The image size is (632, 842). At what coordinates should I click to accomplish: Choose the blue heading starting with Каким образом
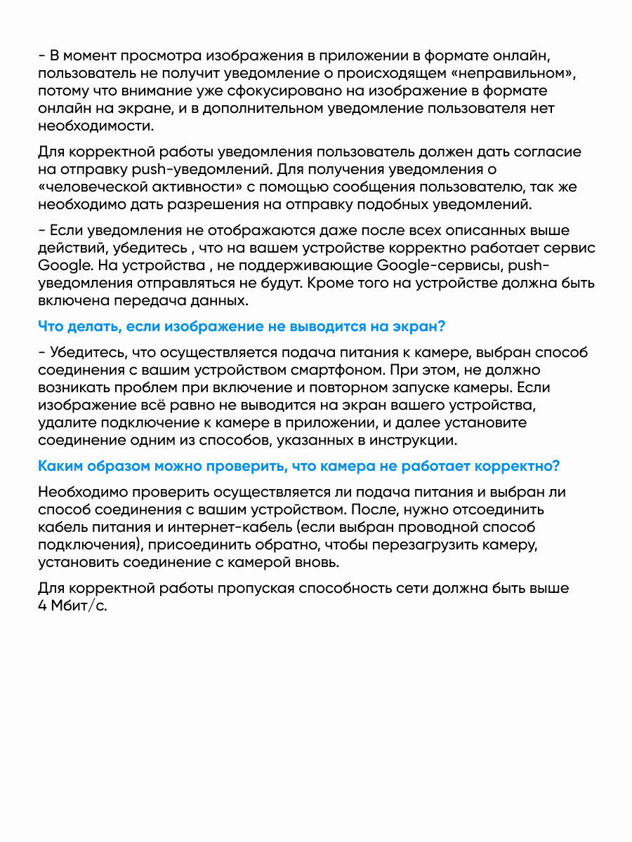(x=299, y=467)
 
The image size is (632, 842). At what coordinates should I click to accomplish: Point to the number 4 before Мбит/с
(x=43, y=606)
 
